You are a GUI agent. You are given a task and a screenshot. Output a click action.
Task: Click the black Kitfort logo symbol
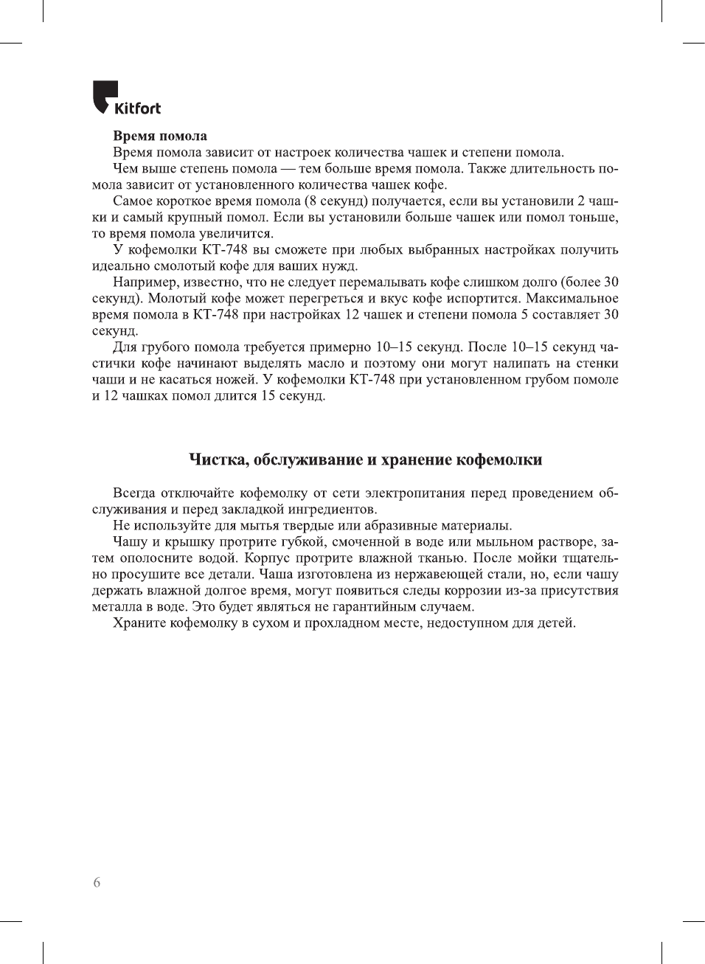[104, 95]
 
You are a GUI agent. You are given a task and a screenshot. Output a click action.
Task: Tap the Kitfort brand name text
[137, 109]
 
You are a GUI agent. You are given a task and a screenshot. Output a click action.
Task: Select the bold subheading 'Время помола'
[160, 136]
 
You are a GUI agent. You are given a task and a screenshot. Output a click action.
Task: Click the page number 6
[97, 882]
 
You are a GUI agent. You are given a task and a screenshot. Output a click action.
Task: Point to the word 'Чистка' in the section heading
[217, 460]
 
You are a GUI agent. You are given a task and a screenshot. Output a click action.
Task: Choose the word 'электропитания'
[414, 493]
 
